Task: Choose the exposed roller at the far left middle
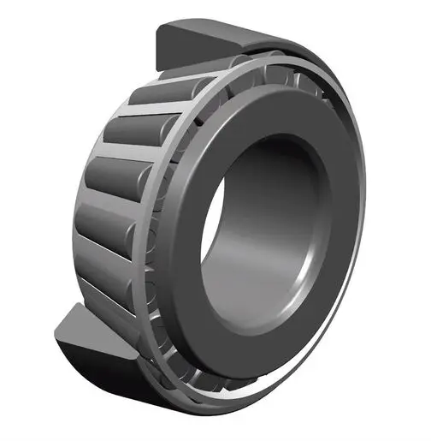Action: [107, 180]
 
